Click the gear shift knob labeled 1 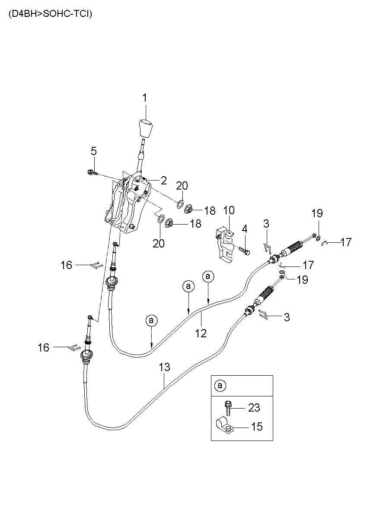tap(146, 128)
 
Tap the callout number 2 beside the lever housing tap(164, 181)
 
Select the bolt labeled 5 tap(91, 172)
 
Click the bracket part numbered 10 tap(224, 247)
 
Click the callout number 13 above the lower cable tap(164, 368)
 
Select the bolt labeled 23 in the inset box tap(228, 408)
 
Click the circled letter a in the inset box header tap(220, 385)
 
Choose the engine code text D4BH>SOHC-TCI tap(50, 13)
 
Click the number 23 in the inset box tap(255, 407)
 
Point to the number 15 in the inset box tap(256, 427)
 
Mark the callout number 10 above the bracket tap(229, 210)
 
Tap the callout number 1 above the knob tap(145, 98)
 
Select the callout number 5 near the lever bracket tap(93, 151)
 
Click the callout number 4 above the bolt tap(244, 229)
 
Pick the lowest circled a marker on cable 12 tap(152, 320)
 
